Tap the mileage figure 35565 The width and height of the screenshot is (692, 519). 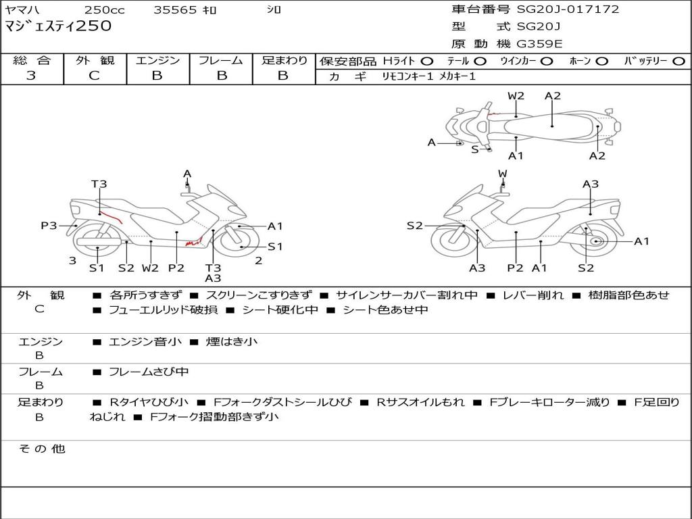(x=175, y=10)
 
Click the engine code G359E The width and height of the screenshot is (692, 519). (x=540, y=44)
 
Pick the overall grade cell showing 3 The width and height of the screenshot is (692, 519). (x=31, y=76)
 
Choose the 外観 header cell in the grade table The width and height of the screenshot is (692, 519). (x=95, y=60)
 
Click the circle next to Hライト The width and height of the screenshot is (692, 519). (x=427, y=61)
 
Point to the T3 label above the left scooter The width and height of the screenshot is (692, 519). (x=99, y=184)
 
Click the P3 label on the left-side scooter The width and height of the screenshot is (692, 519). (x=49, y=226)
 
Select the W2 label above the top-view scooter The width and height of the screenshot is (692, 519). (x=516, y=96)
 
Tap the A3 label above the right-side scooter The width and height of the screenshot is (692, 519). (x=591, y=184)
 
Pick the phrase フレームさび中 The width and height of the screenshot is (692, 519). (x=149, y=372)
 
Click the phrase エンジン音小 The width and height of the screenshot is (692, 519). (x=145, y=342)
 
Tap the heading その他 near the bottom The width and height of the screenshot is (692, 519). (x=42, y=449)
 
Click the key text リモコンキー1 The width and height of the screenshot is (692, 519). (x=407, y=76)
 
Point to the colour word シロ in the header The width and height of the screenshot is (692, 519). (x=274, y=10)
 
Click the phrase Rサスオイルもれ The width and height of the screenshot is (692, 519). (x=420, y=402)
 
